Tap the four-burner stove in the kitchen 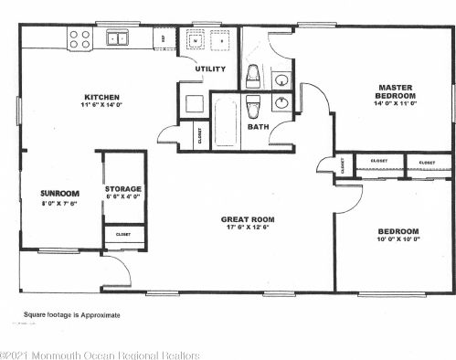80,39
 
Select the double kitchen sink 117,38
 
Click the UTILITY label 209,69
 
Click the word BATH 258,127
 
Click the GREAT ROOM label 248,219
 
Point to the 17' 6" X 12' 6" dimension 248,229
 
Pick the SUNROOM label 60,194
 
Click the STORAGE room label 122,188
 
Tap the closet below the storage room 122,235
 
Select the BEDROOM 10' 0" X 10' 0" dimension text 398,241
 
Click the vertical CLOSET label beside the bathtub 200,135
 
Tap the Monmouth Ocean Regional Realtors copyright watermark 100,353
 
